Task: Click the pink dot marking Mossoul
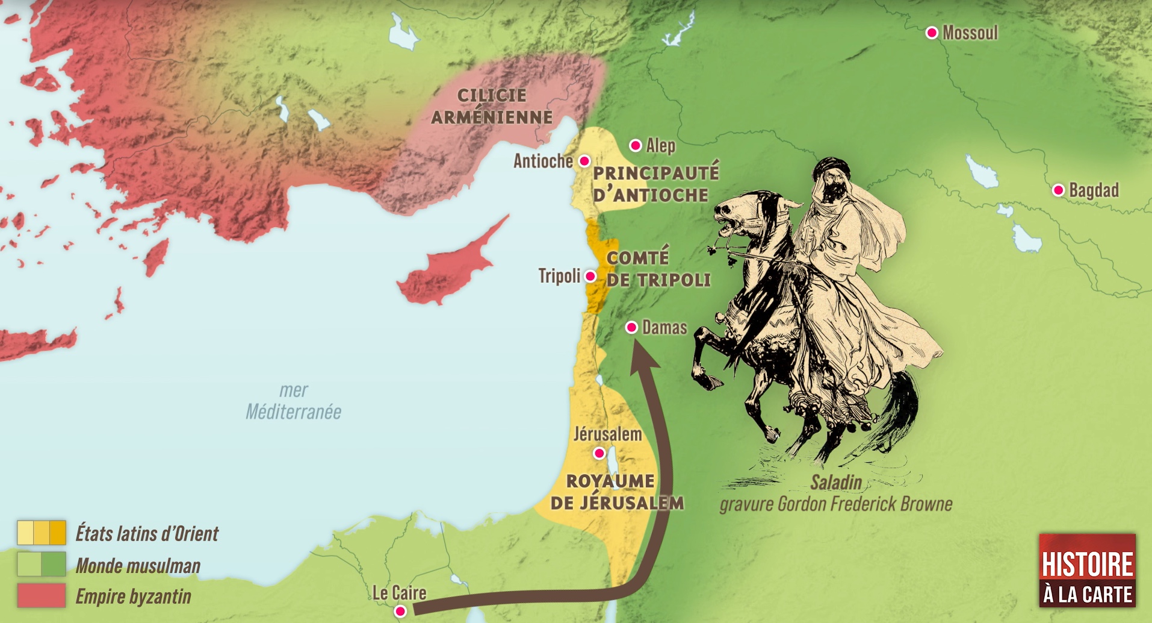(932, 33)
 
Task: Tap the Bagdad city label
(1094, 190)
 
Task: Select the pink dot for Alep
(636, 145)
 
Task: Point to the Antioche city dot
(584, 161)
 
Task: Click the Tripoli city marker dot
(590, 277)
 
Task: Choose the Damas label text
(664, 327)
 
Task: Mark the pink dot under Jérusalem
(599, 453)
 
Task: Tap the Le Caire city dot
(400, 612)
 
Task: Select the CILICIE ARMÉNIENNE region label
(492, 106)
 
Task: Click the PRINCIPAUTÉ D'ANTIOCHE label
(655, 184)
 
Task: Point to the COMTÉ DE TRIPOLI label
(657, 269)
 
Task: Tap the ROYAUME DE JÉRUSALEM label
(616, 492)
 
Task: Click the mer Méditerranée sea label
(293, 401)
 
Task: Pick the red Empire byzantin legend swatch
(41, 596)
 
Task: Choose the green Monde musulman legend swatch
(41, 565)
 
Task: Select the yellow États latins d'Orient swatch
(41, 533)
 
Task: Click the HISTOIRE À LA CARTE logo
(1087, 571)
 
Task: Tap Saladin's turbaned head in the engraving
(829, 177)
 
